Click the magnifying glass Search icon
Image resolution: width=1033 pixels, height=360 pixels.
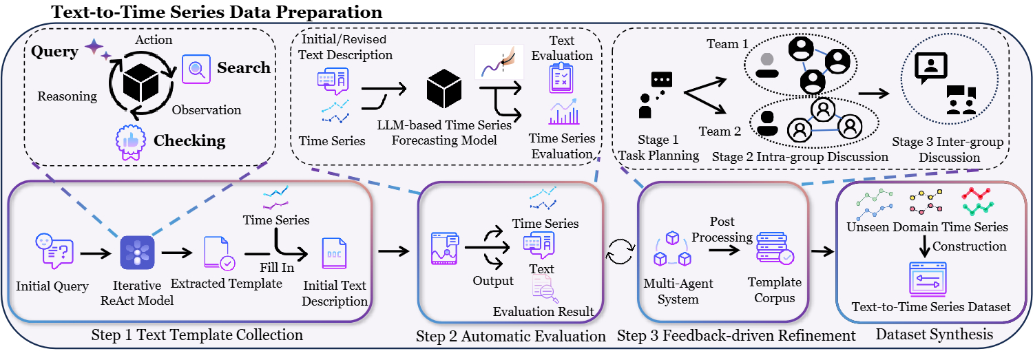coord(195,69)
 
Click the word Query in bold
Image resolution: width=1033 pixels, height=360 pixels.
coord(55,52)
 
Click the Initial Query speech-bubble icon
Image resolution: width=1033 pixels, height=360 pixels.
coord(52,251)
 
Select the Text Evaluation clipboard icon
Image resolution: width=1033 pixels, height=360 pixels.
coord(561,78)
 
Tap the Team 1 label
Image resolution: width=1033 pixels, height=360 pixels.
coord(727,44)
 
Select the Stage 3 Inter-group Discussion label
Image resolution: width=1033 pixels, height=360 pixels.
coord(948,150)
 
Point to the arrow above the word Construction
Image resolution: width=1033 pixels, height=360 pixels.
coord(926,244)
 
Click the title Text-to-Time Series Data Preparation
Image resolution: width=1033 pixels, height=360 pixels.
coord(217,12)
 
